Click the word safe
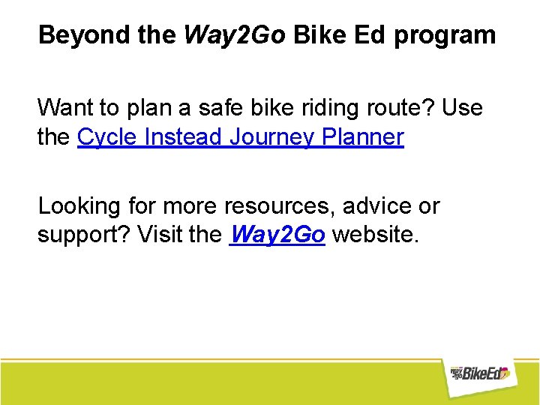[x=219, y=108]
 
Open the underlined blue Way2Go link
[x=277, y=235]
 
